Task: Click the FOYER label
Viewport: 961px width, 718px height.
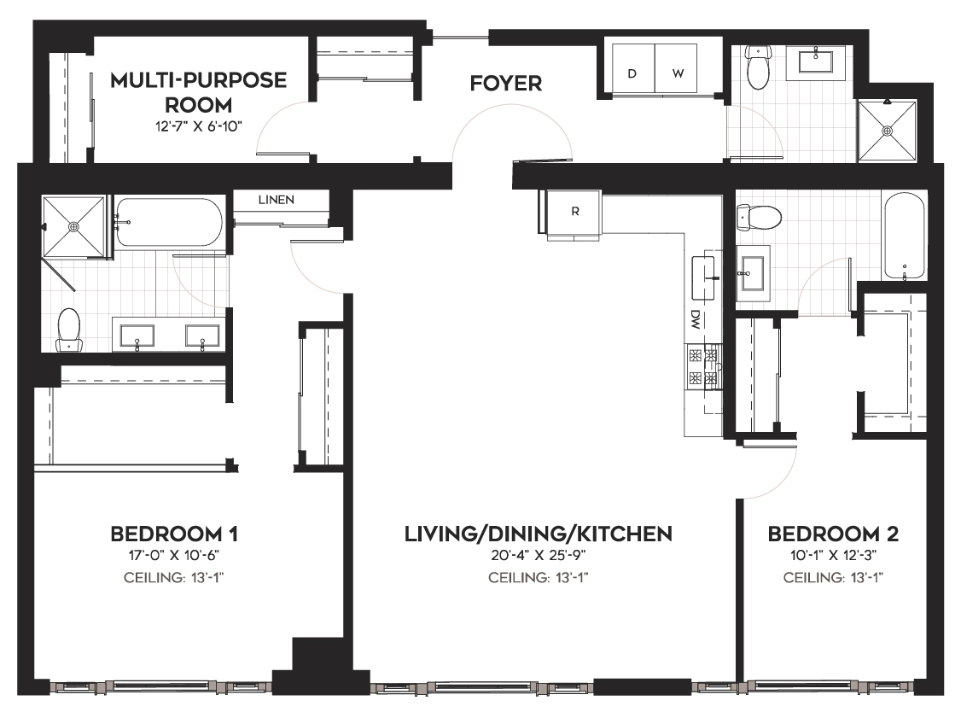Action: pyautogui.click(x=505, y=83)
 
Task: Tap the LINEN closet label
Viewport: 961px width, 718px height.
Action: pyautogui.click(x=276, y=200)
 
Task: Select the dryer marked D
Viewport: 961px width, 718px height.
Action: pyautogui.click(x=632, y=69)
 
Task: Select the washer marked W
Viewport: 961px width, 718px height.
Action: pyautogui.click(x=677, y=69)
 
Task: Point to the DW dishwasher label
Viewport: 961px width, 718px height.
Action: pyautogui.click(x=695, y=318)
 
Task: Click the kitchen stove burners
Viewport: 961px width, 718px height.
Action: pyautogui.click(x=702, y=366)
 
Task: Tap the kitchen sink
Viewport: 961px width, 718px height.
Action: pyautogui.click(x=703, y=277)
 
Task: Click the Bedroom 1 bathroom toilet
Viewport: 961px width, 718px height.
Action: pyautogui.click(x=68, y=330)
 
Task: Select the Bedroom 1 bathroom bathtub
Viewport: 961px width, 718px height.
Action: pyautogui.click(x=171, y=222)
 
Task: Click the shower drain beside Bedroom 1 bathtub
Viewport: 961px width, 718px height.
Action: pyautogui.click(x=73, y=226)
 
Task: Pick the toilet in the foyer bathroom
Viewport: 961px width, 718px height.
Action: pyautogui.click(x=758, y=67)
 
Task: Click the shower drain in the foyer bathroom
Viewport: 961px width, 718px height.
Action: pyautogui.click(x=887, y=131)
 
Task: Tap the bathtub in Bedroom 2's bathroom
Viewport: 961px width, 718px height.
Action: pyautogui.click(x=904, y=236)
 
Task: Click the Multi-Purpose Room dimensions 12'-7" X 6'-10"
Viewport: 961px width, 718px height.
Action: pyautogui.click(x=199, y=127)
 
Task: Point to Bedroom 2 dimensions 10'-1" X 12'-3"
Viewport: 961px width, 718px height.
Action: pyautogui.click(x=833, y=556)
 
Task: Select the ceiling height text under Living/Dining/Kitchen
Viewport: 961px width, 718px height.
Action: pyautogui.click(x=539, y=578)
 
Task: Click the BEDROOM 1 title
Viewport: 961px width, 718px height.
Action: pyautogui.click(x=174, y=534)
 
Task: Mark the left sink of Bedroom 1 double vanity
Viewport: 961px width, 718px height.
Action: pyautogui.click(x=137, y=336)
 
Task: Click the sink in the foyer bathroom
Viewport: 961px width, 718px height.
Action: pyautogui.click(x=816, y=61)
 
